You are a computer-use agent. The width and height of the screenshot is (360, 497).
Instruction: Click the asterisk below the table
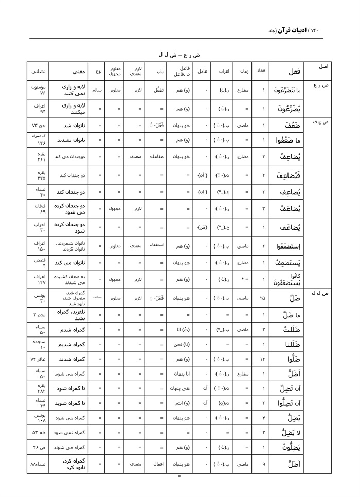click(x=179, y=477)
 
